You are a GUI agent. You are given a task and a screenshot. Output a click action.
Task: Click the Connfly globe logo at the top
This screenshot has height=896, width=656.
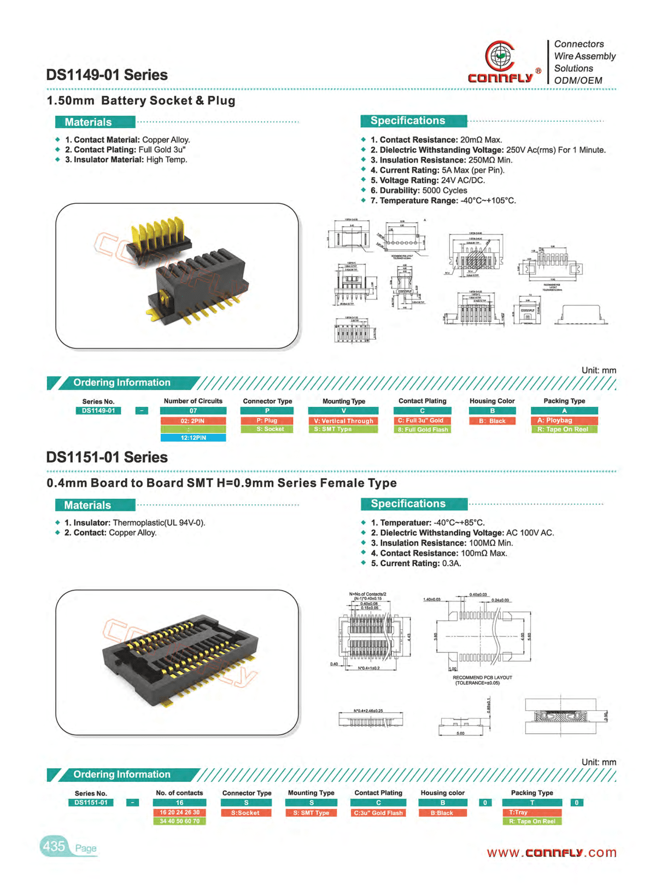(x=499, y=56)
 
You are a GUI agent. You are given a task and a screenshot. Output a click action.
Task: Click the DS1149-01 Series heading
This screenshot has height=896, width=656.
(x=107, y=75)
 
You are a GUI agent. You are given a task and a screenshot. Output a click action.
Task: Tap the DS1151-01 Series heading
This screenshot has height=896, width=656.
(x=107, y=457)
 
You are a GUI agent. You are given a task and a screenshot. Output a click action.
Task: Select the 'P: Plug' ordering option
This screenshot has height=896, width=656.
(x=267, y=421)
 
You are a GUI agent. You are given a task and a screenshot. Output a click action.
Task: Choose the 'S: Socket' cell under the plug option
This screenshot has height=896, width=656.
(x=267, y=429)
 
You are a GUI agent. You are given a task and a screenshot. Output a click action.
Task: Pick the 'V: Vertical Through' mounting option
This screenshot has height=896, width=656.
(x=343, y=421)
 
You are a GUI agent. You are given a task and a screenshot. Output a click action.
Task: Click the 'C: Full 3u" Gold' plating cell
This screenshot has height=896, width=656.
(x=421, y=421)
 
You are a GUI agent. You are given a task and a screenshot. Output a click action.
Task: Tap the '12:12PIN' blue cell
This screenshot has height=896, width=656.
(x=193, y=438)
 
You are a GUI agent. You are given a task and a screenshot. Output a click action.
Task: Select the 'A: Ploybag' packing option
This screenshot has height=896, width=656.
(x=564, y=421)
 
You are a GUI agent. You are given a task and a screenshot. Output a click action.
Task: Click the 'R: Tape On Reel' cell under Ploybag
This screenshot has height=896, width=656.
(x=564, y=429)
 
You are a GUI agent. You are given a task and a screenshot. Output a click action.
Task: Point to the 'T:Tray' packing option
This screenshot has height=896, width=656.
(x=531, y=812)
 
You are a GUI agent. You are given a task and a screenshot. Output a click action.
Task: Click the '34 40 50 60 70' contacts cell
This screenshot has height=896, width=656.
(x=179, y=821)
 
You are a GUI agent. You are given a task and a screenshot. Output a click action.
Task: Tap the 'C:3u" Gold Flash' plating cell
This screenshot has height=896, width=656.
(x=378, y=813)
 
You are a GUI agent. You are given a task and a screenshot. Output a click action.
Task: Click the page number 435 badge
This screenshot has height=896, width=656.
(x=54, y=846)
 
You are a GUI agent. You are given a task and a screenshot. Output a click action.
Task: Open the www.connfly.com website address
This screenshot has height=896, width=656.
(x=551, y=853)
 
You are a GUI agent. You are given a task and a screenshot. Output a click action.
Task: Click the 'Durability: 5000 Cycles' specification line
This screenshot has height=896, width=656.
(x=419, y=191)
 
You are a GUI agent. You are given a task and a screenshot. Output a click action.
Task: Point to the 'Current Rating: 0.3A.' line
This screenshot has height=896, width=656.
(x=415, y=563)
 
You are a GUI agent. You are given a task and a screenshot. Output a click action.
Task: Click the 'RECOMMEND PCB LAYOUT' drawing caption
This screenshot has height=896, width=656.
(x=482, y=677)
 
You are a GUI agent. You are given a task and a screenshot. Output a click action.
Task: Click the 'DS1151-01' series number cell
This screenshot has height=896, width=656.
(x=91, y=803)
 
